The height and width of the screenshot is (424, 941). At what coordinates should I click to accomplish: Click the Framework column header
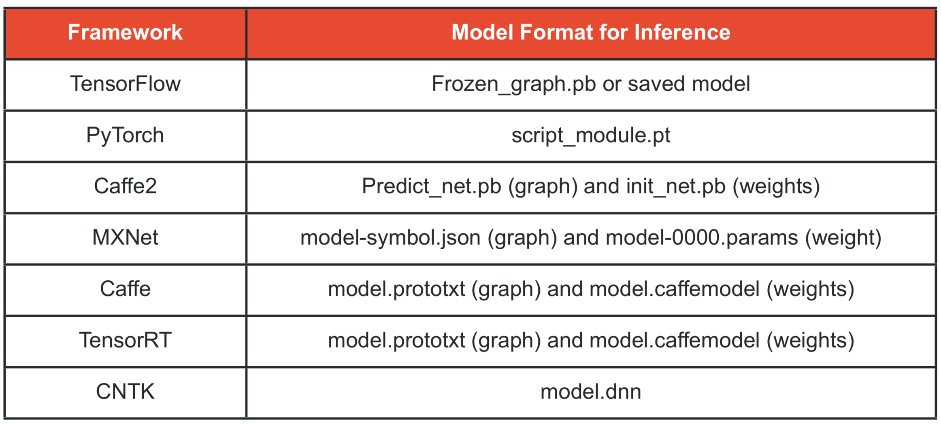125,32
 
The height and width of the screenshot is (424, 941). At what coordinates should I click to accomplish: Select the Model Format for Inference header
591,32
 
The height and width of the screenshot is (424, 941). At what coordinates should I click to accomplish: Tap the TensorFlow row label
125,84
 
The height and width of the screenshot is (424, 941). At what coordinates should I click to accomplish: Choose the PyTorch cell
125,136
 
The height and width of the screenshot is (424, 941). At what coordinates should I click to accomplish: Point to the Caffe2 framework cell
125,186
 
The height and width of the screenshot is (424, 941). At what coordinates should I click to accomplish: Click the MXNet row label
125,237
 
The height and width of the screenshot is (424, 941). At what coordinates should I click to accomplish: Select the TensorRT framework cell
125,340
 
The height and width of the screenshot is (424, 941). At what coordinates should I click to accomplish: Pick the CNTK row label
125,392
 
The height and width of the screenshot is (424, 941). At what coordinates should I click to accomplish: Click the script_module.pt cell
591,136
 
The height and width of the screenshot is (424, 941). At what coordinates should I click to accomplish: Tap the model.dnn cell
591,392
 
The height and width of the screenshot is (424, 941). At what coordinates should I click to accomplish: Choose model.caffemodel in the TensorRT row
675,340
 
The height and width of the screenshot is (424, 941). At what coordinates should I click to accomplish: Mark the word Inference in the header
682,32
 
